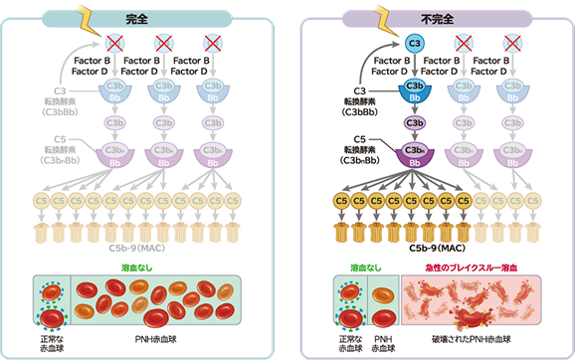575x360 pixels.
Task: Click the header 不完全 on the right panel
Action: click(434, 17)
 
